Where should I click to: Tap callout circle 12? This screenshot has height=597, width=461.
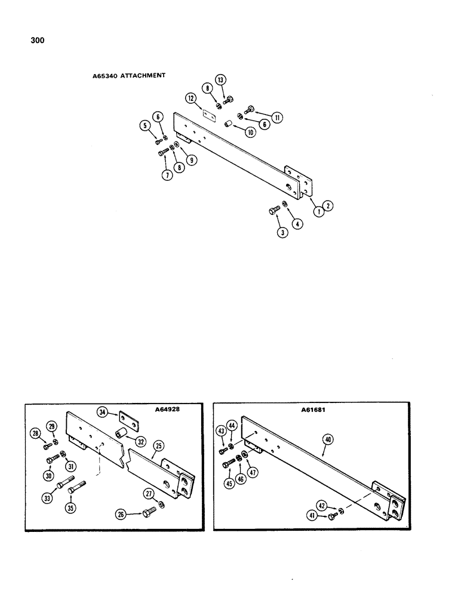pyautogui.click(x=190, y=97)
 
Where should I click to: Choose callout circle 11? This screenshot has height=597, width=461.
pyautogui.click(x=277, y=118)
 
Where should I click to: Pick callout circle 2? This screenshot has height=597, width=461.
pyautogui.click(x=330, y=205)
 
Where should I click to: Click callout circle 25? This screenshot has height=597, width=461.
pyautogui.click(x=158, y=446)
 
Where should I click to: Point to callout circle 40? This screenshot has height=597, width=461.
pyautogui.click(x=328, y=439)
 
